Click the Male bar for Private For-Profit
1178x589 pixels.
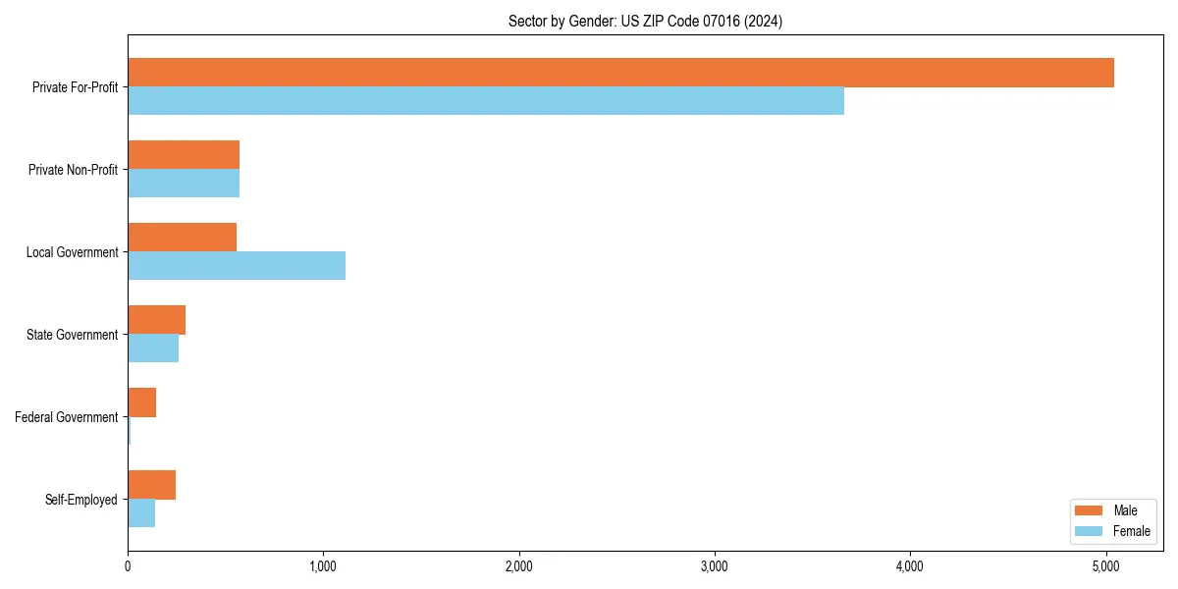click(620, 73)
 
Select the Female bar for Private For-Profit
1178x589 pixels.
click(486, 101)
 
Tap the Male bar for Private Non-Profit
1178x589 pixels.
click(184, 155)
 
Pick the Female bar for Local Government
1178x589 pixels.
click(237, 266)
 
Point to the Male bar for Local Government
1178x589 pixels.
click(182, 238)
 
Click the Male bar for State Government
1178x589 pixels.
click(156, 320)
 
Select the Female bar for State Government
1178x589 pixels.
click(153, 348)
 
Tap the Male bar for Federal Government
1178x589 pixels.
click(141, 402)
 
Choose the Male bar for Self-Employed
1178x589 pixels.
click(151, 485)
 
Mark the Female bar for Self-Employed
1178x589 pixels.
click(141, 513)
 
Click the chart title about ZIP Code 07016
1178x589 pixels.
click(645, 21)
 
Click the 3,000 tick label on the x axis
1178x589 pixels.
click(715, 566)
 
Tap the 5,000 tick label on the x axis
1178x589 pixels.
click(1106, 566)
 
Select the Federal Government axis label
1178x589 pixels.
click(66, 417)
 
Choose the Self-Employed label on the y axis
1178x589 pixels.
click(80, 500)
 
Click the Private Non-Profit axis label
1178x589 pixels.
click(73, 170)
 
